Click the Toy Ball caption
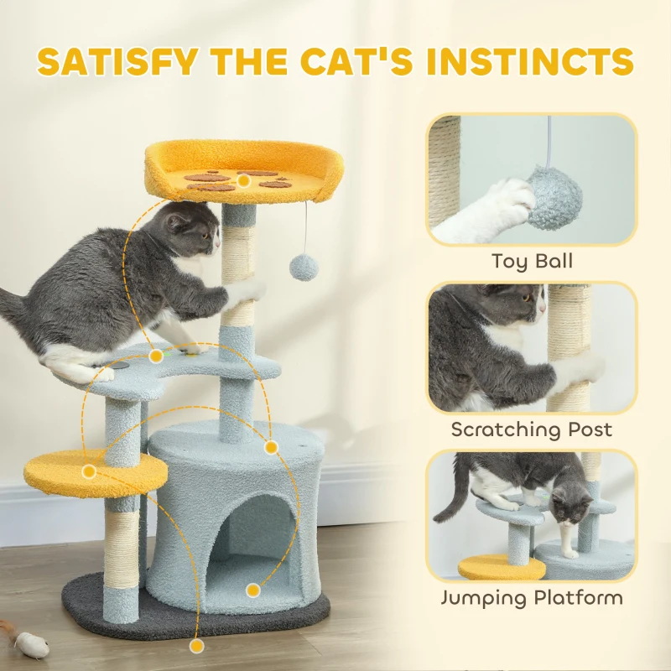pos(532,262)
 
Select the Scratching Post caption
pos(532,430)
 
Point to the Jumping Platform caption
pos(532,598)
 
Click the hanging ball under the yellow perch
pos(304,268)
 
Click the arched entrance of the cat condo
pos(258,537)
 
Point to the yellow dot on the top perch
pos(243,180)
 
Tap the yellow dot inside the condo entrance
pos(253,590)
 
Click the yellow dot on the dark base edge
pos(196,646)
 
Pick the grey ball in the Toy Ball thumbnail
pos(554,198)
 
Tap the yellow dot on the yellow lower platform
pos(89,471)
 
